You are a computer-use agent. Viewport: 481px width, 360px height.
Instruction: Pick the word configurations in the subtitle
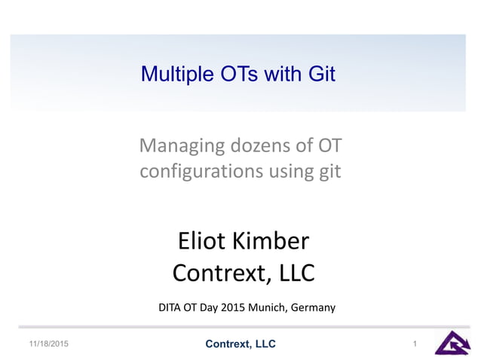point(199,172)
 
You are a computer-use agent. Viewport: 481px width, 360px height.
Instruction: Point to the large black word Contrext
point(219,273)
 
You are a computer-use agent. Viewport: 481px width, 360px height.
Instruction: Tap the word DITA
point(170,307)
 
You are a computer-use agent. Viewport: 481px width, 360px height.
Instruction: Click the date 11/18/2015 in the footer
point(48,344)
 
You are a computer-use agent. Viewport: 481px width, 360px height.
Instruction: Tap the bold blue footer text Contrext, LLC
point(240,344)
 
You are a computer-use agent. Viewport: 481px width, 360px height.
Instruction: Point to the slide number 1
point(415,344)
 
